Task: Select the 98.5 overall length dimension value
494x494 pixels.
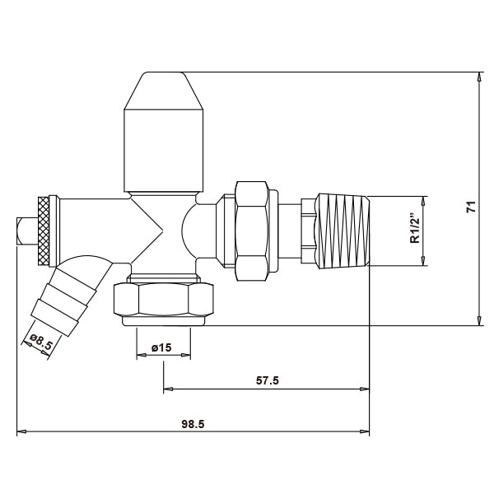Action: (x=193, y=423)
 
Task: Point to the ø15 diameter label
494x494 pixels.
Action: (x=161, y=348)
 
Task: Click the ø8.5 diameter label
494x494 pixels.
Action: (x=40, y=342)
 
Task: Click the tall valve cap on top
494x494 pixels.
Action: (x=163, y=140)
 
